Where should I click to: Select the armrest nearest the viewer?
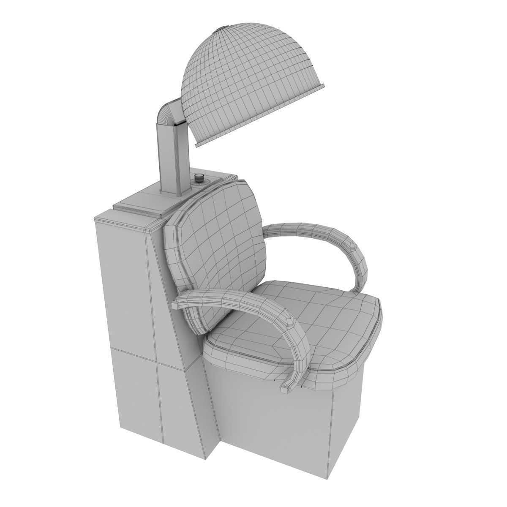(253, 308)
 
